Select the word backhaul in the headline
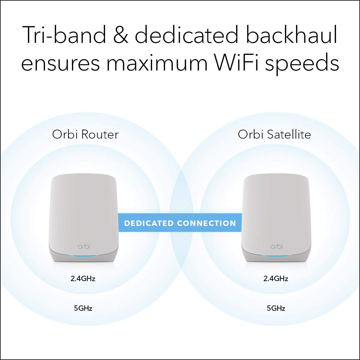[x=292, y=35]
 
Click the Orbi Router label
[x=85, y=134]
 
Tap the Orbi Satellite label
[x=274, y=134]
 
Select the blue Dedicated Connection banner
[x=180, y=223]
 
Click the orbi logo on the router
[x=84, y=247]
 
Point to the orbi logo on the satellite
[x=277, y=247]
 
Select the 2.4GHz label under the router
[x=83, y=279]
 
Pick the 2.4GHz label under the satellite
[x=276, y=279]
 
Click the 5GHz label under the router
[x=83, y=308]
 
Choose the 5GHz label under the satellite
[x=276, y=308]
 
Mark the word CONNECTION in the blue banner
[x=206, y=223]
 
